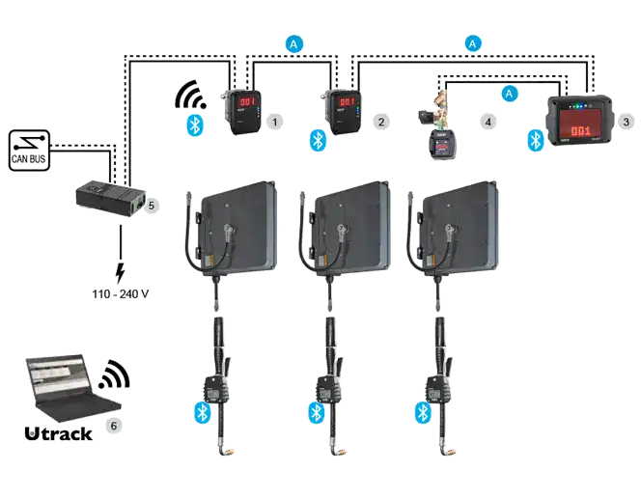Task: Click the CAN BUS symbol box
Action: pyautogui.click(x=29, y=151)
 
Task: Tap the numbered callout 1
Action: pyautogui.click(x=275, y=122)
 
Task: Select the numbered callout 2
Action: pyautogui.click(x=381, y=122)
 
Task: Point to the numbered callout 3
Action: pyautogui.click(x=626, y=122)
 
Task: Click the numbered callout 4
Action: pyautogui.click(x=488, y=122)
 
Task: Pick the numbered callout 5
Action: pyautogui.click(x=152, y=206)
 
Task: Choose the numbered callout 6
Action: pyautogui.click(x=114, y=426)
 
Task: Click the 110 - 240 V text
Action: pyautogui.click(x=120, y=293)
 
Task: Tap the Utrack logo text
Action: pyautogui.click(x=58, y=433)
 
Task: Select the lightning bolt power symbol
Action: pyautogui.click(x=120, y=273)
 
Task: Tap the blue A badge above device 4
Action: pyautogui.click(x=509, y=94)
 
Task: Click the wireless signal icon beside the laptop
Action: pyautogui.click(x=115, y=375)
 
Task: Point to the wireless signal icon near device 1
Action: pyautogui.click(x=190, y=95)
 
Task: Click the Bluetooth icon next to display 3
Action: pyautogui.click(x=535, y=140)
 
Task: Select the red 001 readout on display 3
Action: pyautogui.click(x=580, y=130)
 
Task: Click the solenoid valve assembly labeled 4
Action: pyautogui.click(x=435, y=125)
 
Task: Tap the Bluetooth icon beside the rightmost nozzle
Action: pyautogui.click(x=423, y=413)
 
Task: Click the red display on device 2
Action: pyautogui.click(x=348, y=101)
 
